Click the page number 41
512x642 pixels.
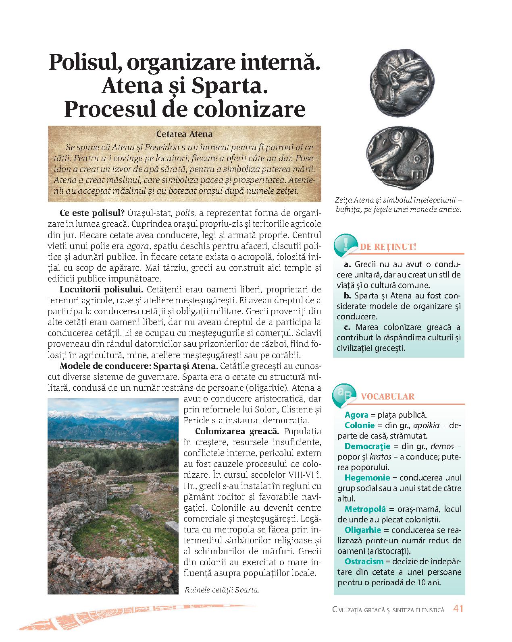click(458, 609)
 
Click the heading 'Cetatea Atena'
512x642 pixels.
click(184, 134)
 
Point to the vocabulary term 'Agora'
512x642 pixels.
click(356, 415)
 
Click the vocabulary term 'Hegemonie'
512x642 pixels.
click(367, 478)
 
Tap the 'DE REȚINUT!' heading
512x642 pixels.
click(388, 247)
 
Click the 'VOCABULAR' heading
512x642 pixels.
click(387, 396)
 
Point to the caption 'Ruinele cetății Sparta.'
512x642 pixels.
click(221, 590)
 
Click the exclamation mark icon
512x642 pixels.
click(345, 244)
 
